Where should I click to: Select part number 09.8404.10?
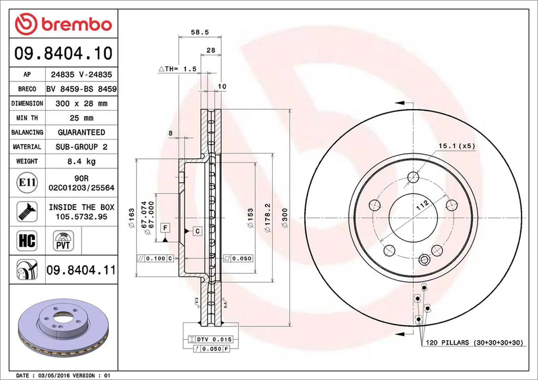pyautogui.click(x=63, y=54)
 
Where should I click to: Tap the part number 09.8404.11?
pyautogui.click(x=80, y=271)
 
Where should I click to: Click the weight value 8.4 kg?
pyautogui.click(x=81, y=161)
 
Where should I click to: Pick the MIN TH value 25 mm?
pyautogui.click(x=81, y=118)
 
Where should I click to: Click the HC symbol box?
pyautogui.click(x=27, y=240)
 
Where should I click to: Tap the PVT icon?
pyautogui.click(x=62, y=240)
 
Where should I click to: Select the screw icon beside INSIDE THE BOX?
pyautogui.click(x=26, y=211)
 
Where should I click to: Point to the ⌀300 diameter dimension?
pyautogui.click(x=284, y=217)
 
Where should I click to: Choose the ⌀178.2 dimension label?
pyautogui.click(x=267, y=217)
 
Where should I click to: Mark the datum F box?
pyautogui.click(x=165, y=227)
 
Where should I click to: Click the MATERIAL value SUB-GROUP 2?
pyautogui.click(x=81, y=147)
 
